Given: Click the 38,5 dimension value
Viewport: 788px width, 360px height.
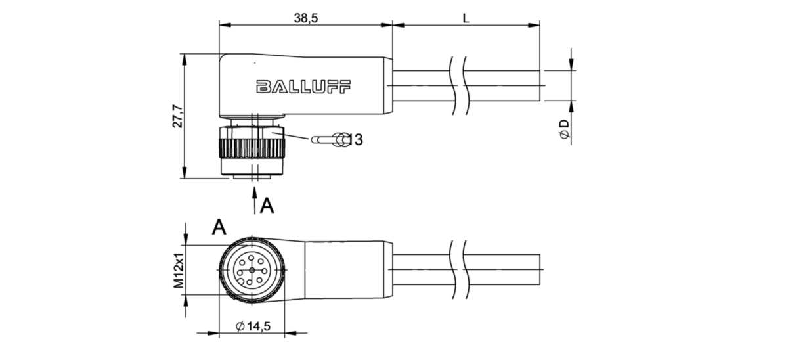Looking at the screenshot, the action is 306,18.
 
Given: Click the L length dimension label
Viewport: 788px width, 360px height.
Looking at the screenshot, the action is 466,18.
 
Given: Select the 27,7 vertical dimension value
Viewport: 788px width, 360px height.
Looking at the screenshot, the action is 178,116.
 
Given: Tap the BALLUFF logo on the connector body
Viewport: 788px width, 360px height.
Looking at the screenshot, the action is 303,87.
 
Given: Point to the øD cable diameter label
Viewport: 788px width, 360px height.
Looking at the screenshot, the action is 564,129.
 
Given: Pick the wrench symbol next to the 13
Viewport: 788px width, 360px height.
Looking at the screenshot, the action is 330,140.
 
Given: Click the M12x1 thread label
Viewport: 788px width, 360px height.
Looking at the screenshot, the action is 179,270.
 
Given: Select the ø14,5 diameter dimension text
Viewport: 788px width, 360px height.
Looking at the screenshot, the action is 253,326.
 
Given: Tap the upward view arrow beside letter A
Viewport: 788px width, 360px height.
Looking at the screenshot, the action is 254,200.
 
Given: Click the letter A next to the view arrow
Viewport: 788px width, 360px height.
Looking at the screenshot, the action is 267,206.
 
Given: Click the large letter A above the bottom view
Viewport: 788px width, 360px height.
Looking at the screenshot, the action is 219,227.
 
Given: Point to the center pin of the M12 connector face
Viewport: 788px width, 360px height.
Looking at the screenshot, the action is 252,270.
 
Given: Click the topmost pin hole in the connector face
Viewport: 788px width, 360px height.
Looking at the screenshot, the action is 251,258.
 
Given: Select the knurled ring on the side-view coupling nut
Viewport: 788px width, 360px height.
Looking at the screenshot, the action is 252,148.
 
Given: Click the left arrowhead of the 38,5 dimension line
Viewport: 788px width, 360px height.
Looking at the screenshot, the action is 225,25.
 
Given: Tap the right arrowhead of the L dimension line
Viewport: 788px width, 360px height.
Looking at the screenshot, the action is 534,25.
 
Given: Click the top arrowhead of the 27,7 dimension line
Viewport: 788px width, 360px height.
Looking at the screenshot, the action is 184,60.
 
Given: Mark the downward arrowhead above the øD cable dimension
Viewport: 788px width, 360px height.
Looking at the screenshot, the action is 571,64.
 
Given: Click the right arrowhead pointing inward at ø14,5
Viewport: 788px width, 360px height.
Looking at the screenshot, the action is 291,333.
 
